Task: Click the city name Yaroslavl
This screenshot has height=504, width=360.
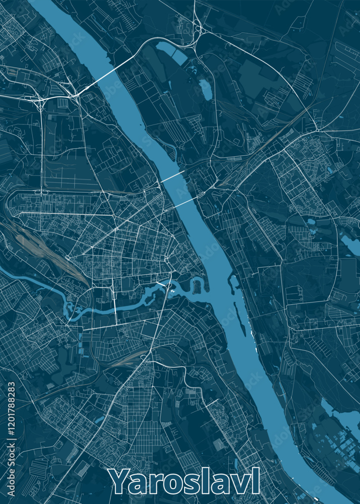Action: [185, 481]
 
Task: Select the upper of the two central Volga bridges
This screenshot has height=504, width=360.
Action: [172, 176]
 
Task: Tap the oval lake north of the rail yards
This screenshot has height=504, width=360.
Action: [205, 89]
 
